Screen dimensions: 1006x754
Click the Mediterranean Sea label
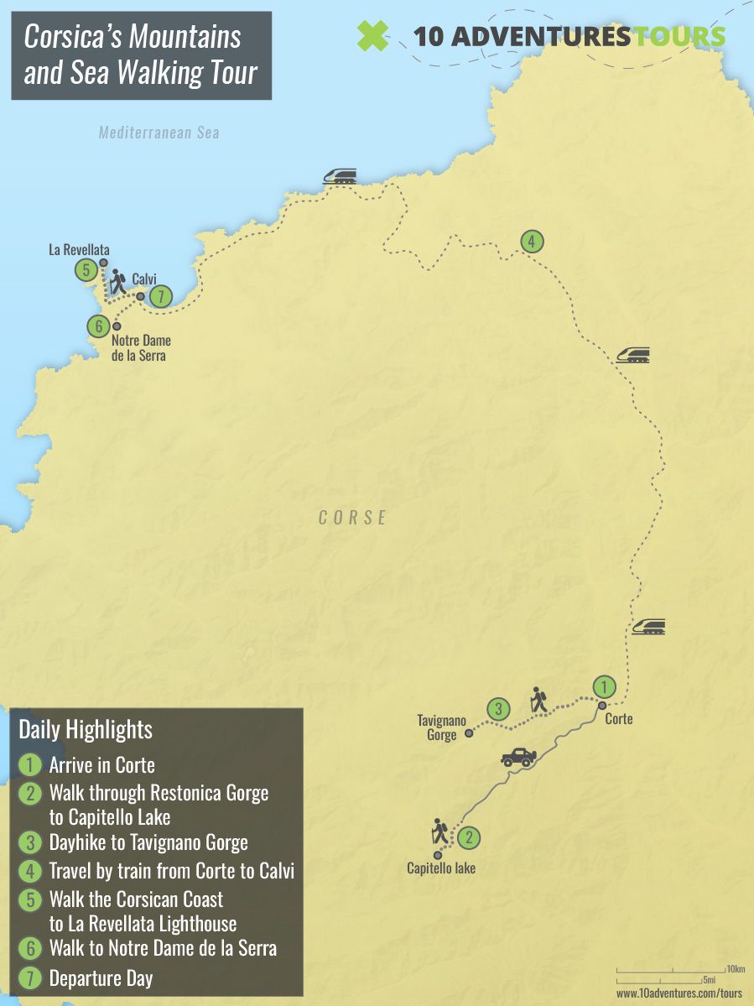coord(159,133)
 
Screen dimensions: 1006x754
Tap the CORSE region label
coord(353,518)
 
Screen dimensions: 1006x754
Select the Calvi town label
coord(144,279)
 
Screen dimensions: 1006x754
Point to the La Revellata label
coord(79,250)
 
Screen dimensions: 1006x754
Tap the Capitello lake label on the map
coord(441,868)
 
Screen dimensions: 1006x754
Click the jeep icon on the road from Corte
coord(518,757)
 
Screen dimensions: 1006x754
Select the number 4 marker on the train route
coord(531,242)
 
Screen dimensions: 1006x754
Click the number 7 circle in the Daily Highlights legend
coord(29,977)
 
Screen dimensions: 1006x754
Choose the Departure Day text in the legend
coord(101,977)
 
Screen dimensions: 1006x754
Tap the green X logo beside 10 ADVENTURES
coord(373,35)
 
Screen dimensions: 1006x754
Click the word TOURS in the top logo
coord(681,36)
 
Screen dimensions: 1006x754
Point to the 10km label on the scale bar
coord(736,969)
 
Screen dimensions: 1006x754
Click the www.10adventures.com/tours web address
coord(679,993)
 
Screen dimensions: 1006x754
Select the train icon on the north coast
coord(340,175)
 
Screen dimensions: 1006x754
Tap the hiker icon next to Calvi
coord(117,281)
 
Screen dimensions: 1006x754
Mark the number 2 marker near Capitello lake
coord(470,837)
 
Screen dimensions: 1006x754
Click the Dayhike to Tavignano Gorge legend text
coord(148,842)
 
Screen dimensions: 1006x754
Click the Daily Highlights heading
coord(86,729)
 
